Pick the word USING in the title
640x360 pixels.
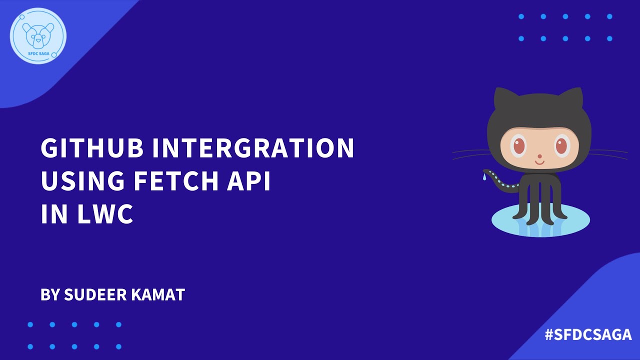81,181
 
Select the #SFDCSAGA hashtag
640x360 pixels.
588,334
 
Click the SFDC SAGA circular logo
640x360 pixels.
38,36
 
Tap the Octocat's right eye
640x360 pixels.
561,146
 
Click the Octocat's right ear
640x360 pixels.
575,100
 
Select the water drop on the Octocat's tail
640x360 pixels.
484,177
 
